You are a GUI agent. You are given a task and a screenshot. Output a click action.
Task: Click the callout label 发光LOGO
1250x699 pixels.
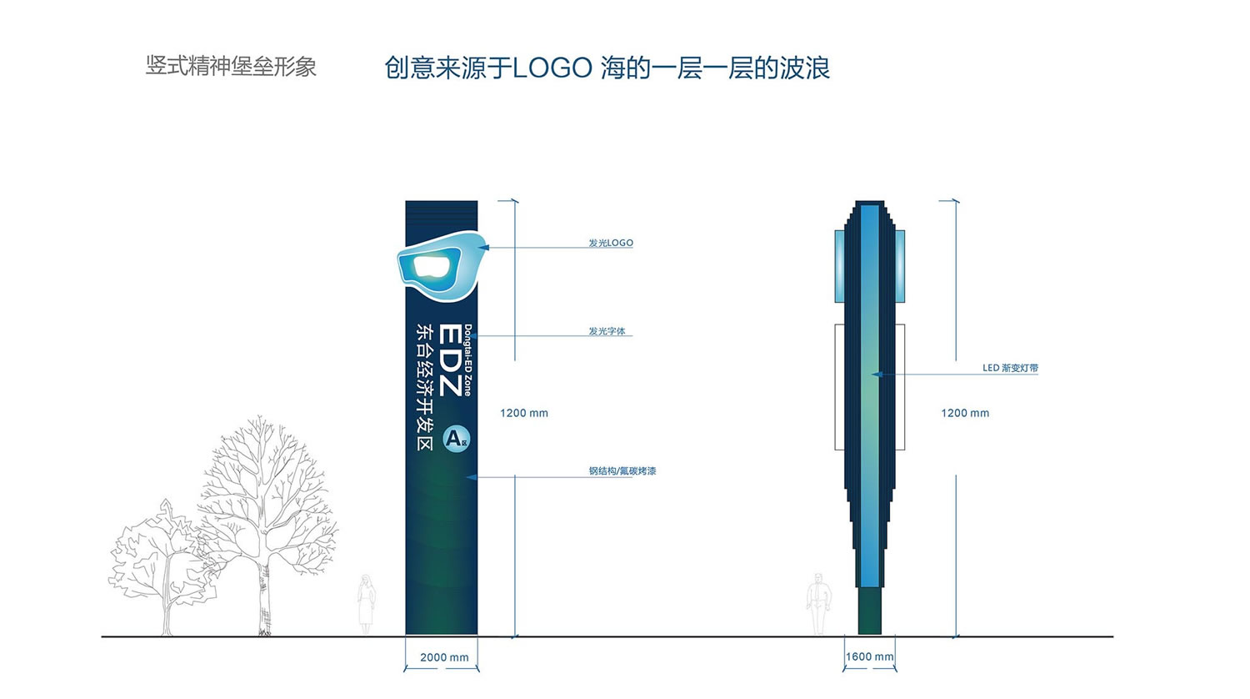[611, 243]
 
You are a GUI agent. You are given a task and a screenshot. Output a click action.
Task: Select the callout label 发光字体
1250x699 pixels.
[607, 331]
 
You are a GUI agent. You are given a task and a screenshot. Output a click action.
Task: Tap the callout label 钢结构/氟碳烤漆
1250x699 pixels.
[622, 471]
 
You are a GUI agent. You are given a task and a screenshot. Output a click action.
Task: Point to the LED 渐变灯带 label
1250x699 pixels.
[1010, 368]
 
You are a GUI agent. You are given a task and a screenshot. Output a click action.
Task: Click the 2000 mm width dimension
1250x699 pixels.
[444, 657]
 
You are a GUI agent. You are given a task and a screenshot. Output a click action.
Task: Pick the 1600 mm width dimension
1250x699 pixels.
[869, 656]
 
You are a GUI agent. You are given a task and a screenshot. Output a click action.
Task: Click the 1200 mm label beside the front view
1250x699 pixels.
[524, 414]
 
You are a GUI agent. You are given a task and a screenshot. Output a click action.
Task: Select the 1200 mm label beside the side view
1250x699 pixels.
[965, 414]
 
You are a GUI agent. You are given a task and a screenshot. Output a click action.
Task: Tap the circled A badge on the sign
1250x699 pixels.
[457, 440]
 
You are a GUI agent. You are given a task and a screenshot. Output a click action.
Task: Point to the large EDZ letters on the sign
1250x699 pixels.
[450, 360]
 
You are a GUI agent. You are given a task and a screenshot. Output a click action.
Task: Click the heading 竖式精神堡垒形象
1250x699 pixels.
[231, 67]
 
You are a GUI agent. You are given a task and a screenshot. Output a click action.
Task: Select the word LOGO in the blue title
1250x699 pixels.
[552, 68]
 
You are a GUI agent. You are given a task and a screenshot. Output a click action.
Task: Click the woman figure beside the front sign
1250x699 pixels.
[366, 605]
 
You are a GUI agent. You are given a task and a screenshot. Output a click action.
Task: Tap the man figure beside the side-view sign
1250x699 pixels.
[818, 604]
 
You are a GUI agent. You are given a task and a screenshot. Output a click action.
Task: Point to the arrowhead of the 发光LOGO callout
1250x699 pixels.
[484, 247]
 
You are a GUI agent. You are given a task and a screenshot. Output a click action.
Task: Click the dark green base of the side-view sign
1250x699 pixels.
[869, 611]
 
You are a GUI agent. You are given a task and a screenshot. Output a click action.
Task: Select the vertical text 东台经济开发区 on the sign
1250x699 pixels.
[425, 387]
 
